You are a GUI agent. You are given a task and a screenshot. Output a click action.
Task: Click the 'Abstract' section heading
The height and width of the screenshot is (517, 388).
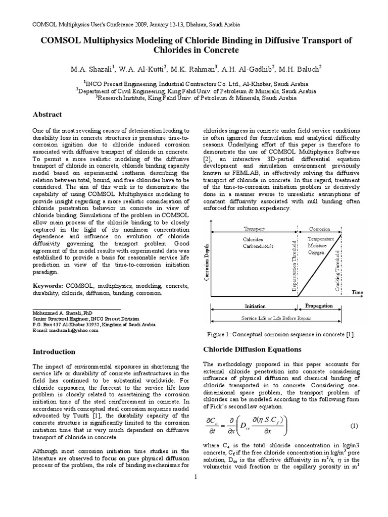[x=46, y=115]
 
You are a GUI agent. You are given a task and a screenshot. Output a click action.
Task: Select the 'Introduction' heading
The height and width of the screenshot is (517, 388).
[x=54, y=351]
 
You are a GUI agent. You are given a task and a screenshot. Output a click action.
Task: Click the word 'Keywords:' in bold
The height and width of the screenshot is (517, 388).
[x=48, y=285]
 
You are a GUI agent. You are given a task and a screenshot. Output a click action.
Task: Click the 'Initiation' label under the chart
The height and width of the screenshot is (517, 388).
[x=255, y=306]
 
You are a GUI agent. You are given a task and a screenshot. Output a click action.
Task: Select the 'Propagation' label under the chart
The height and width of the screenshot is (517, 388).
[x=319, y=306]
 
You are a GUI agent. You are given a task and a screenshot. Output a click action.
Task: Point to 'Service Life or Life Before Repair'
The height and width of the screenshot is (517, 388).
[x=276, y=318]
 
